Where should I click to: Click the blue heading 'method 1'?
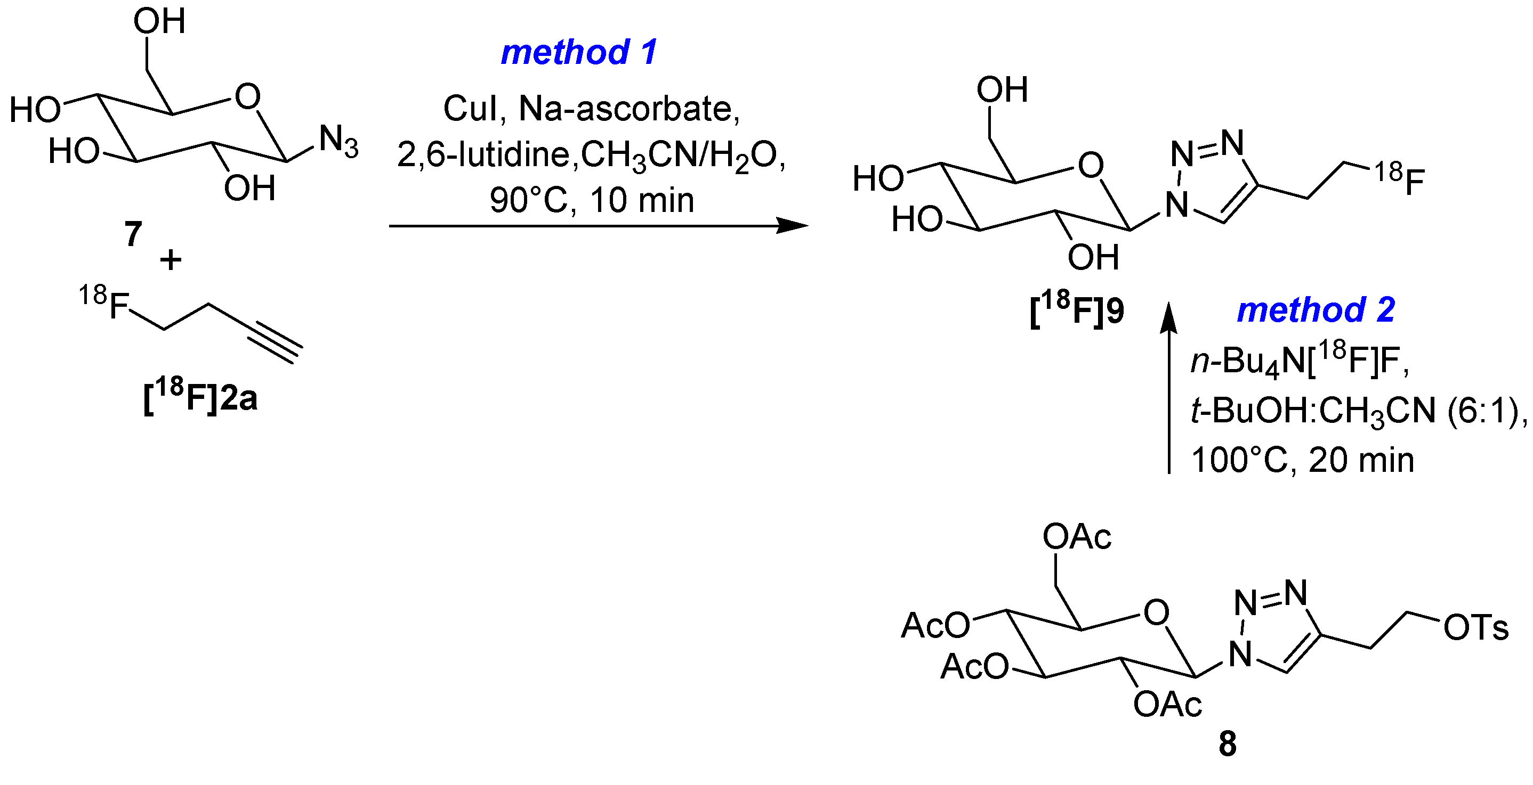(579, 52)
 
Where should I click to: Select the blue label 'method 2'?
(1316, 310)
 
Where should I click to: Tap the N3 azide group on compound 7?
(338, 142)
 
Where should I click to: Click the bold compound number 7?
(133, 233)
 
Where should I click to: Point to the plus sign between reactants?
(171, 260)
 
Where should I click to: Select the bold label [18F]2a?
(200, 397)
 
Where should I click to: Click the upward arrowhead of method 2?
(1169, 315)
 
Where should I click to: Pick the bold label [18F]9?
(1077, 310)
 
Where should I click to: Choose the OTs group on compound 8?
(1475, 628)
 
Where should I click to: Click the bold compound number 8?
(1227, 744)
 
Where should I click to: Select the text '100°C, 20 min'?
(1302, 460)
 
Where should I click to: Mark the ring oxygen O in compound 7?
(247, 97)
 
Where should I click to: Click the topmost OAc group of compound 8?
(1077, 537)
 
